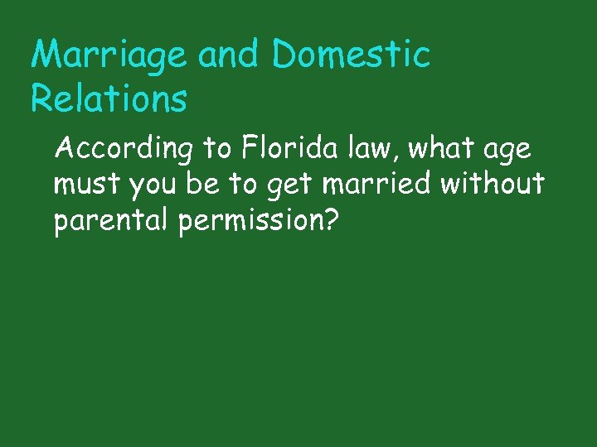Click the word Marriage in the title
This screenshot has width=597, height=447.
pyautogui.click(x=109, y=56)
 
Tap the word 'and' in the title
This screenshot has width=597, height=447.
pyautogui.click(x=230, y=55)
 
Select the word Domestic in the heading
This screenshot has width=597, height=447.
pyautogui.click(x=351, y=55)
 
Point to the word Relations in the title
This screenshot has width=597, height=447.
pyautogui.click(x=109, y=99)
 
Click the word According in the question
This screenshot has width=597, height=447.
pyautogui.click(x=124, y=150)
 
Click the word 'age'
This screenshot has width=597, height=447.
pyautogui.click(x=507, y=151)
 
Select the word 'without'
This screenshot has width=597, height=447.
pyautogui.click(x=493, y=184)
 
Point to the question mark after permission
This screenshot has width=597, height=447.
pyautogui.click(x=330, y=221)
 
